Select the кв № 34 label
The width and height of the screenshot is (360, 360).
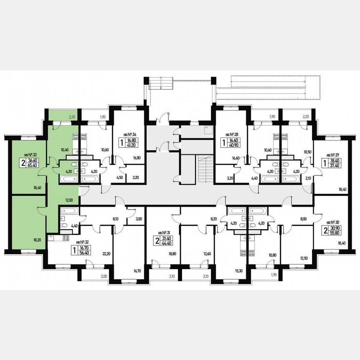click(130, 135)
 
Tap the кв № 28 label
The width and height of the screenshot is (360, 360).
click(232, 135)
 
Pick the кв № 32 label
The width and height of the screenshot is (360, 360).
click(82, 241)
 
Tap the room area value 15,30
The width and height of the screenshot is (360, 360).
click(239, 270)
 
